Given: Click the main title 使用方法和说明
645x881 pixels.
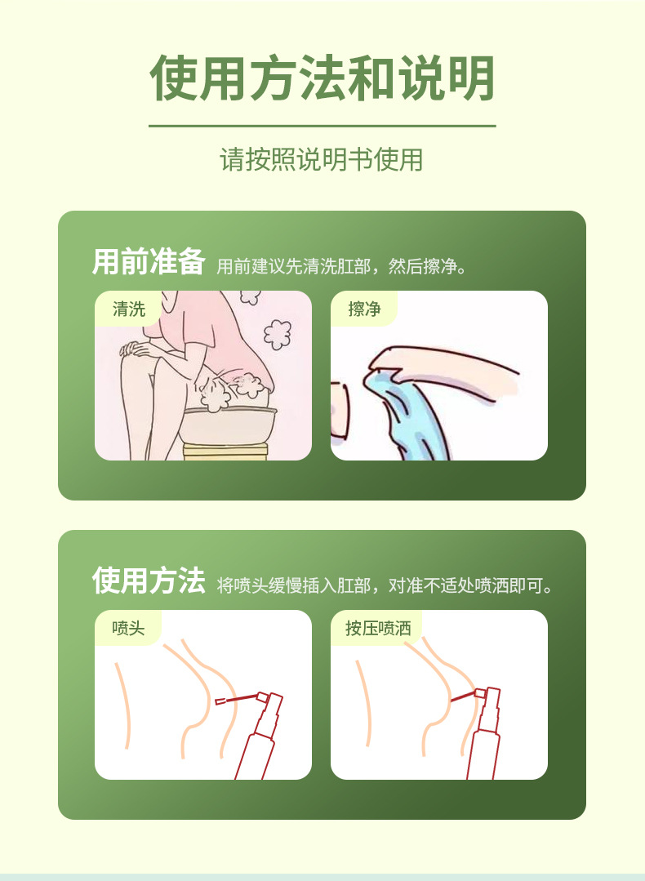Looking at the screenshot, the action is [x=322, y=78].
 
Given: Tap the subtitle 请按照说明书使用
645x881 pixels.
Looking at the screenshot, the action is [x=322, y=159].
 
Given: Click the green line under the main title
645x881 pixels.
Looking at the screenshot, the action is [x=322, y=126].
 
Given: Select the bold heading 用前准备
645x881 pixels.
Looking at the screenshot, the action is [x=149, y=262].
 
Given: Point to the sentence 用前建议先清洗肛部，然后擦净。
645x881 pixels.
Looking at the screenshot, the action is [x=342, y=265].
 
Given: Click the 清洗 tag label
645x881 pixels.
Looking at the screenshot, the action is [x=129, y=309].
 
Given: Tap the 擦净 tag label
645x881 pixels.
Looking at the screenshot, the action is [x=364, y=309].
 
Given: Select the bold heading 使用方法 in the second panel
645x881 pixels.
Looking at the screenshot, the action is [x=149, y=581].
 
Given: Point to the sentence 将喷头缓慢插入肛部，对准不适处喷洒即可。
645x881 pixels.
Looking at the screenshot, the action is [x=385, y=585].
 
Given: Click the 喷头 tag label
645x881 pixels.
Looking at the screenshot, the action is [x=129, y=628].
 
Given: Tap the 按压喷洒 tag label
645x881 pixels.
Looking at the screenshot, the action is [x=378, y=628].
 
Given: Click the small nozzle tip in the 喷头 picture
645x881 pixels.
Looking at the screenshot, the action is [x=220, y=701].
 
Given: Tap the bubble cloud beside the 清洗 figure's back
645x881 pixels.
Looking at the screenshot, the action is [x=278, y=334].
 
